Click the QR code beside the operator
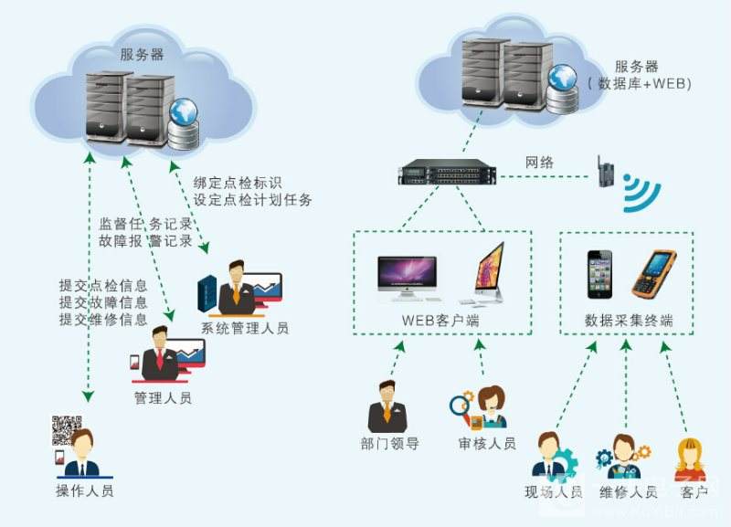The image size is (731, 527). pos(66,429)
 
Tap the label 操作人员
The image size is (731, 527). pos(84,490)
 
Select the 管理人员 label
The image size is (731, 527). pos(163,398)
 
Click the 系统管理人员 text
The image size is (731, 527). pos(245,328)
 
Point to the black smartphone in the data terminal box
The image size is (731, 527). pos(599,274)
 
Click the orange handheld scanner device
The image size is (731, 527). pos(653,274)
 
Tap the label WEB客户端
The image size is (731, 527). pos(440,321)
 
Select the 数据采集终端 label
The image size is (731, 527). pos(629,321)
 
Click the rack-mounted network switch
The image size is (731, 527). pos(447,172)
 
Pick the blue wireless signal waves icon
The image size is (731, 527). pos(641,193)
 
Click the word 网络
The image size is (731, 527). pos(539,163)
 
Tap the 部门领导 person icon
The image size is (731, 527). pos(387,406)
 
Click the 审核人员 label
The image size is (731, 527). pos(487,444)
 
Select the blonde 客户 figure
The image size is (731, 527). pos(691,459)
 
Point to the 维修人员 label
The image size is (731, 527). pos(628,492)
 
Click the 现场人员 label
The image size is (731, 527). pos(554,492)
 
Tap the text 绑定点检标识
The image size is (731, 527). pos(238,183)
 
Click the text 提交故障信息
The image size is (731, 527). pos(103,302)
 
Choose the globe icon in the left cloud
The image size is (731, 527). pos(184,112)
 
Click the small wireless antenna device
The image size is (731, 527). pos(605,172)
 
